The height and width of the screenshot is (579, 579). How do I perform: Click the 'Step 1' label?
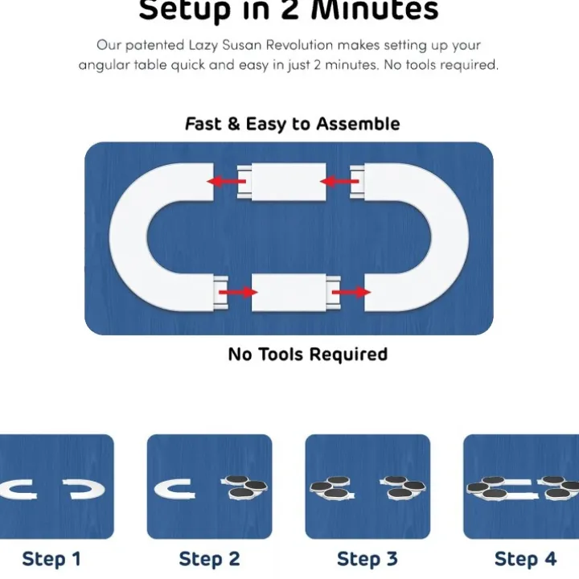click(x=51, y=559)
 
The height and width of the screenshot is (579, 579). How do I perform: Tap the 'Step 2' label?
click(x=209, y=559)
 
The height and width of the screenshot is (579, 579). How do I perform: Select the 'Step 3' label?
click(x=368, y=559)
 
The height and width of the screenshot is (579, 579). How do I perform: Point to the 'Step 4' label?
click(x=525, y=559)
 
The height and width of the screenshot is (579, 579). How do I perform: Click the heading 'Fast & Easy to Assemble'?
click(x=293, y=124)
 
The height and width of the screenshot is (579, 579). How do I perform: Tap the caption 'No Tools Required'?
click(x=308, y=354)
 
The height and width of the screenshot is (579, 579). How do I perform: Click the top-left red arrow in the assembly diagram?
click(x=226, y=181)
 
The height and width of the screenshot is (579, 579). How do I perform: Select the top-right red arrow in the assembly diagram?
click(x=339, y=181)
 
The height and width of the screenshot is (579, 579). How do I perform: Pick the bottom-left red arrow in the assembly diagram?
click(x=238, y=293)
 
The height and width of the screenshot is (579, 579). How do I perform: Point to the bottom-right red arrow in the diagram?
click(x=351, y=293)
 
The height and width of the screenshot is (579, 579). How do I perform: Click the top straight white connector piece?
click(x=281, y=182)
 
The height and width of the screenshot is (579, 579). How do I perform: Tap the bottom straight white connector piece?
click(x=296, y=293)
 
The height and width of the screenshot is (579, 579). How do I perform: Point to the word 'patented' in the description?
click(x=154, y=46)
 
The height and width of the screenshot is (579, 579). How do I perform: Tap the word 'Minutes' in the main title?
click(x=375, y=9)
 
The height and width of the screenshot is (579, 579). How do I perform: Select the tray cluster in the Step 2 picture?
click(x=244, y=487)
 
